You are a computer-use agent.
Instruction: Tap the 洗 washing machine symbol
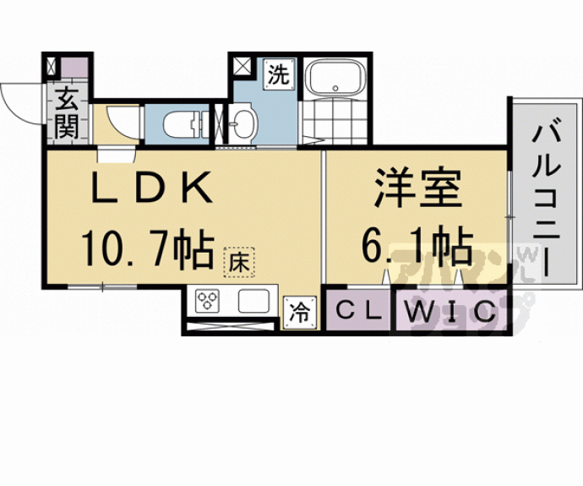pos(278,74)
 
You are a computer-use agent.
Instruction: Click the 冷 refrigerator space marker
pos(300,311)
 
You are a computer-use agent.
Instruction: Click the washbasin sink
pos(242,123)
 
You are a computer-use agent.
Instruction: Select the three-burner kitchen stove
pos(208,303)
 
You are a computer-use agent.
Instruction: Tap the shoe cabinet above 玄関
pos(68,66)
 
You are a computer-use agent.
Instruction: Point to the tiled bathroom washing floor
pos(334,122)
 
